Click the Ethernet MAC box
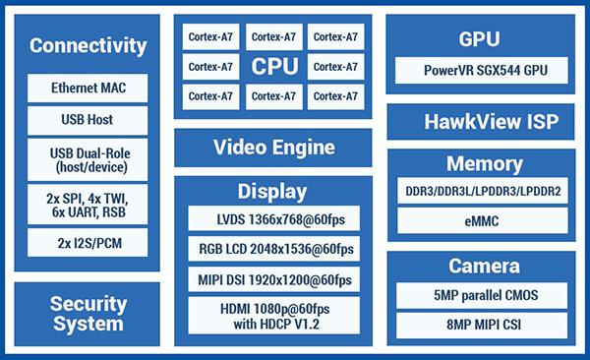coord(88,88)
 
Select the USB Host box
coord(88,120)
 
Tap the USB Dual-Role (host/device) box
coord(88,159)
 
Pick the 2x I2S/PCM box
coord(88,243)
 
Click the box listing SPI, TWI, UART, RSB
coord(88,205)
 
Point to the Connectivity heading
coord(88,46)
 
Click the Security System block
coord(87,314)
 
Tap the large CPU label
coord(274,67)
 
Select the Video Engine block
coord(273,148)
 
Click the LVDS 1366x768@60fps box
coord(274,218)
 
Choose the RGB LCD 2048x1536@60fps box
coord(274,249)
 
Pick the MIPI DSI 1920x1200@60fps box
coord(274,279)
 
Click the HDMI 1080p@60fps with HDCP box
coord(274,316)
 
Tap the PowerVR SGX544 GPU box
coord(482,71)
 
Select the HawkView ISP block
coord(481,122)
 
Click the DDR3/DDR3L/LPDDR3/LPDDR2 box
coord(483,191)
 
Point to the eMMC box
coord(483,220)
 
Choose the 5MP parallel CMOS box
coord(482,296)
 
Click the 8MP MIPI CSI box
coord(482,326)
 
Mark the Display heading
coord(272,192)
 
